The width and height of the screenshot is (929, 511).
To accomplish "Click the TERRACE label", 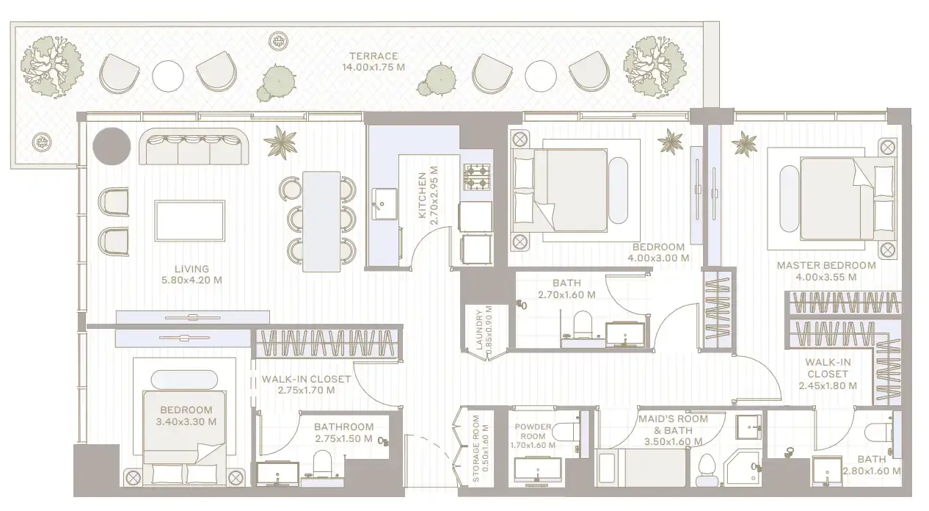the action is [x=374, y=56].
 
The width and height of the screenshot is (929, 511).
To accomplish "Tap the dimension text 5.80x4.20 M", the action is [x=192, y=280].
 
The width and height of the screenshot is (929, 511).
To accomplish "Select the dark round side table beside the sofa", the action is [x=112, y=146].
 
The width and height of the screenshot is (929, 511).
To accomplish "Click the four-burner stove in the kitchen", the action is [x=476, y=177].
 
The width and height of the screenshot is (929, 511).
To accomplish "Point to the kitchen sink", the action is [x=385, y=204].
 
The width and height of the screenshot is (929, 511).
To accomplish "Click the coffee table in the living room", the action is [x=190, y=221].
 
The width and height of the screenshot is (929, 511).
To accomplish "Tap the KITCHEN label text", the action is [x=422, y=195].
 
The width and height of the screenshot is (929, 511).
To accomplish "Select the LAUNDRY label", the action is [x=479, y=330].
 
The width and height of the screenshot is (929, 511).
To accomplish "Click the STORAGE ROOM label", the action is [x=476, y=449].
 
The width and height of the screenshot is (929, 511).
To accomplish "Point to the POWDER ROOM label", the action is [x=533, y=431].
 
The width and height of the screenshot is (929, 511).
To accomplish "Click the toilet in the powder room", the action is [x=565, y=432].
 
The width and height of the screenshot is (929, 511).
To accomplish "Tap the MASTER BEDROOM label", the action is [x=826, y=265].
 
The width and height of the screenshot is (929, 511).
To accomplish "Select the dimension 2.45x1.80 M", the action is [x=828, y=385].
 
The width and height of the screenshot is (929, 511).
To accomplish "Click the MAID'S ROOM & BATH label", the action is [x=673, y=424].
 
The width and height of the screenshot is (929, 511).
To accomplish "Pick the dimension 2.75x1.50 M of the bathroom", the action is [x=343, y=439].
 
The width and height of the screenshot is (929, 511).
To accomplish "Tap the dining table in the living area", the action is [x=321, y=222].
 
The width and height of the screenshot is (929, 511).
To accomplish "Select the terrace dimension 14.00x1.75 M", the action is [x=374, y=68].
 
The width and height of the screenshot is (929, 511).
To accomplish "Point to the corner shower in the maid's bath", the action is [x=743, y=467].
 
